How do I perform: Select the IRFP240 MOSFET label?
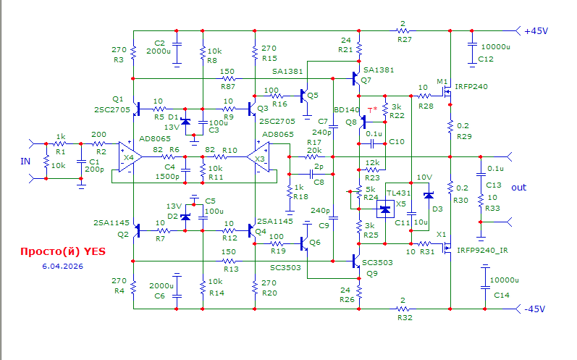pyautogui.click(x=471, y=86)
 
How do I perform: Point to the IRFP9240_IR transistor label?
pyautogui.click(x=482, y=250)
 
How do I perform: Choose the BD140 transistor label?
pyautogui.click(x=346, y=110)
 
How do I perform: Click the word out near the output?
pyautogui.click(x=520, y=188)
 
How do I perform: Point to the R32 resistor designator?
pyautogui.click(x=404, y=317)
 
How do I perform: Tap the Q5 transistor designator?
pyautogui.click(x=312, y=96)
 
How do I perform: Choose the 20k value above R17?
pyautogui.click(x=314, y=149)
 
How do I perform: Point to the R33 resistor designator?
pyautogui.click(x=492, y=208)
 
